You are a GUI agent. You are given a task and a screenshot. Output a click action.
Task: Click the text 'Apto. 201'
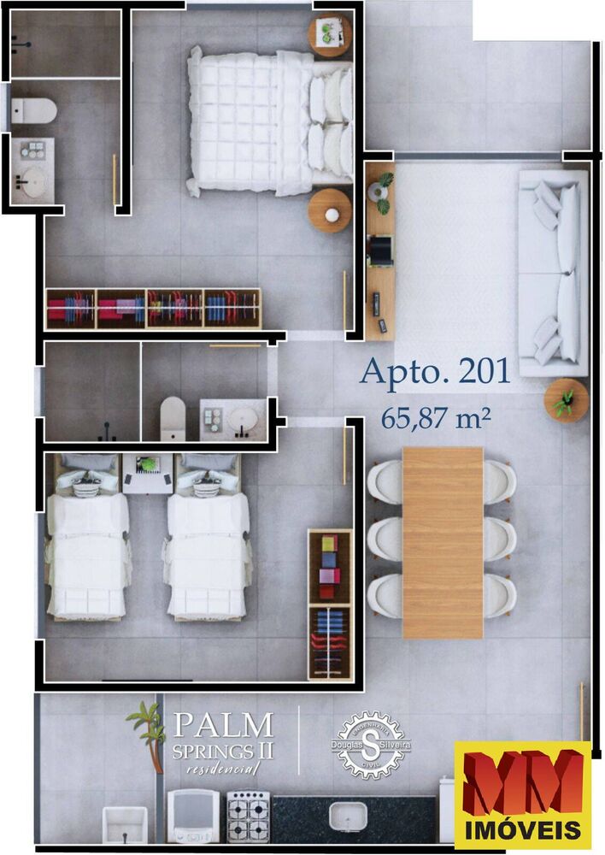tap(435, 371)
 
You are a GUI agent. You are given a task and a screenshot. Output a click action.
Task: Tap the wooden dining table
tap(442, 542)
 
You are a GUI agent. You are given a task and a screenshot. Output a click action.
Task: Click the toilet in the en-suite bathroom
tap(33, 110)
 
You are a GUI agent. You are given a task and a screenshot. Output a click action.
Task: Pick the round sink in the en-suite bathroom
tap(34, 181)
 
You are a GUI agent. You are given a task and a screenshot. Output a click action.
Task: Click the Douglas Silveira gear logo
tap(371, 746)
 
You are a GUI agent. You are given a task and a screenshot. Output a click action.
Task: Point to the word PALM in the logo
tap(223, 725)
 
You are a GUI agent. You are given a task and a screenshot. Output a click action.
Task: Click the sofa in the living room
tap(554, 273)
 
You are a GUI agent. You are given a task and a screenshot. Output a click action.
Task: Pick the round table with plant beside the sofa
tap(566, 400)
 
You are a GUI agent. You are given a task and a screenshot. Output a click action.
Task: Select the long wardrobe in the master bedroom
tap(153, 308)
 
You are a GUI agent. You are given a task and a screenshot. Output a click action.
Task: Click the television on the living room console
tap(380, 250)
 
